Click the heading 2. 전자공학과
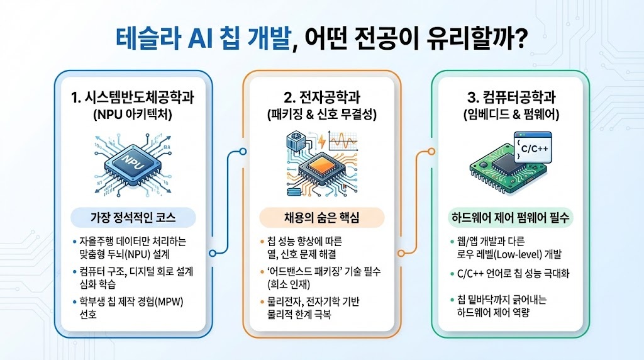pyautogui.click(x=321, y=98)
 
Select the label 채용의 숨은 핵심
pyautogui.click(x=321, y=218)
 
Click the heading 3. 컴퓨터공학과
pyautogui.click(x=511, y=98)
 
